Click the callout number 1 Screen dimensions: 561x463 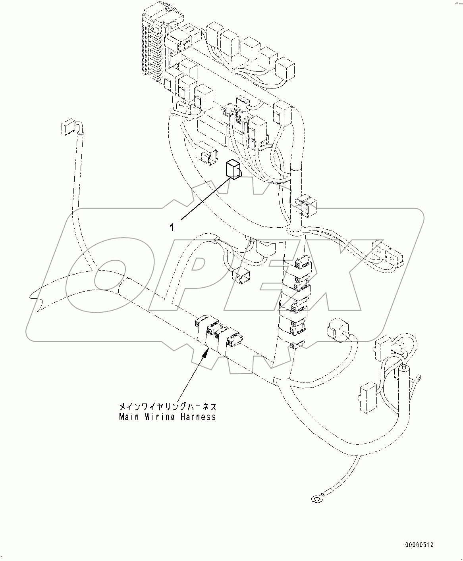(172, 227)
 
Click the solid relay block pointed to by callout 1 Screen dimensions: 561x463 (232, 169)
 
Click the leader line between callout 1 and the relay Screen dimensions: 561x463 (206, 198)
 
